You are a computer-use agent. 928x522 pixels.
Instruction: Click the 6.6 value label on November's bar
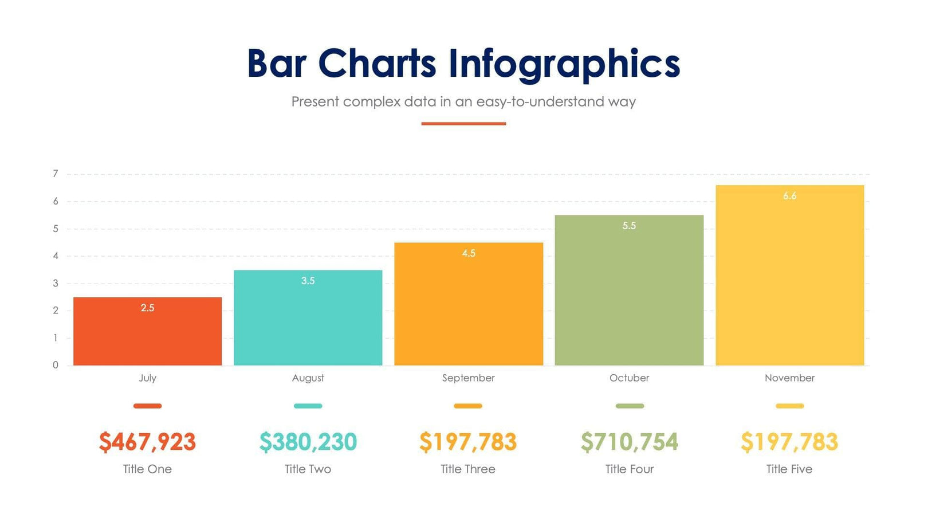tap(789, 196)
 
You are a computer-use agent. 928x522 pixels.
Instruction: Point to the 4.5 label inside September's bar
tap(469, 253)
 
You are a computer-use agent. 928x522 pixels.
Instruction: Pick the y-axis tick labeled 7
tap(56, 174)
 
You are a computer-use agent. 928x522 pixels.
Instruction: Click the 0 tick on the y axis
tap(56, 365)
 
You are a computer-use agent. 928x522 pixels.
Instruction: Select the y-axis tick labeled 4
tap(56, 256)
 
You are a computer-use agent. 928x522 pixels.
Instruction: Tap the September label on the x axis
tap(468, 378)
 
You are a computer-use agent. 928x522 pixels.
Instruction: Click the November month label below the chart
tap(789, 378)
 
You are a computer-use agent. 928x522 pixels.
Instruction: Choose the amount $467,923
tap(147, 442)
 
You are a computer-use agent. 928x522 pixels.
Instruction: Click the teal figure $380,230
tap(308, 442)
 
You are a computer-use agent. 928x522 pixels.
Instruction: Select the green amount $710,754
tap(629, 442)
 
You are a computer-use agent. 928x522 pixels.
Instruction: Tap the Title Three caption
tap(468, 469)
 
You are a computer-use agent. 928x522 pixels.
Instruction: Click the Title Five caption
tap(789, 469)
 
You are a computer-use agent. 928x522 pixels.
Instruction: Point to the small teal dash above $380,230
tap(308, 406)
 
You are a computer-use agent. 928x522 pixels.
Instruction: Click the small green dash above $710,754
tap(630, 406)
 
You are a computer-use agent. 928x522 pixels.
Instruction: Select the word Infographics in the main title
tap(564, 64)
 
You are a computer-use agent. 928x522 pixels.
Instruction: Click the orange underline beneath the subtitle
tap(463, 123)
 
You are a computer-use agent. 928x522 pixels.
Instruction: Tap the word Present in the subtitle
tap(315, 102)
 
